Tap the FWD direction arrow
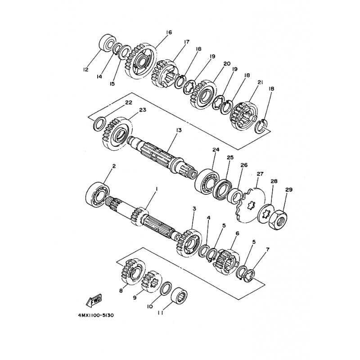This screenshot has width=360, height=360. (x=94, y=301)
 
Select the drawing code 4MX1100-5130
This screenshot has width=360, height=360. (x=95, y=315)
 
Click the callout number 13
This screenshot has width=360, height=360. (x=179, y=130)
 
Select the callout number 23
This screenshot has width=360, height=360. (x=142, y=110)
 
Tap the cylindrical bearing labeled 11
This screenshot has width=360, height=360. (x=180, y=295)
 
